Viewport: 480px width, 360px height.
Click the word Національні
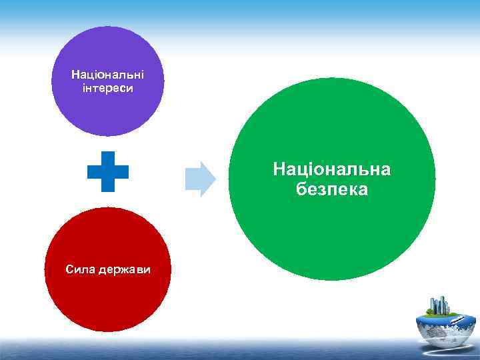[108, 76]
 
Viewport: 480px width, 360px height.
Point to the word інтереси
[108, 88]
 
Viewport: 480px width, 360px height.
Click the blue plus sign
[108, 171]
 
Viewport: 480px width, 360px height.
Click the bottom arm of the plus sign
[108, 186]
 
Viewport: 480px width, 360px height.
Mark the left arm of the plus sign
[93, 171]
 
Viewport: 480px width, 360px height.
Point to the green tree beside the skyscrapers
[431, 311]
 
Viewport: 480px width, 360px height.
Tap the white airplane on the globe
[456, 320]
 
